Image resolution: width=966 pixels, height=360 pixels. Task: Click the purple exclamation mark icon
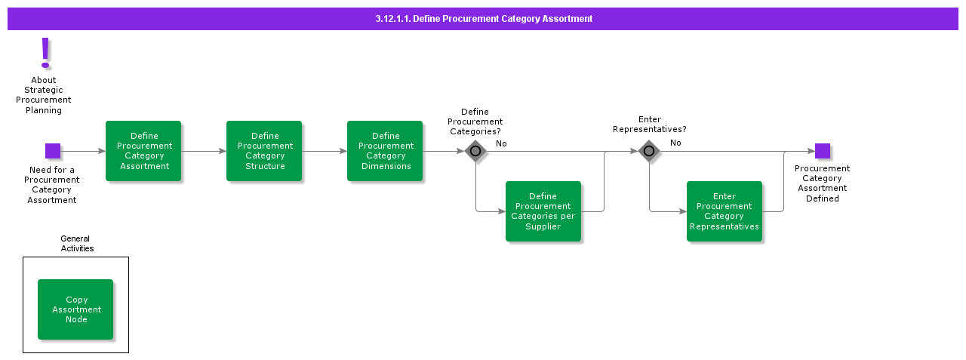click(45, 53)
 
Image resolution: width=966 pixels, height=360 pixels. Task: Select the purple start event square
click(53, 151)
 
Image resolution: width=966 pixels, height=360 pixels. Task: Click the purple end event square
click(823, 151)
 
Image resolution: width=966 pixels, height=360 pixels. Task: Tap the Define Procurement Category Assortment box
click(143, 151)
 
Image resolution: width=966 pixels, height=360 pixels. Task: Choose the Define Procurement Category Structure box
click(264, 151)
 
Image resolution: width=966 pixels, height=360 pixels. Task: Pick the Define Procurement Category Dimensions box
click(385, 151)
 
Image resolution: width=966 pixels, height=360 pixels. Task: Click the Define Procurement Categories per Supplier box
click(543, 211)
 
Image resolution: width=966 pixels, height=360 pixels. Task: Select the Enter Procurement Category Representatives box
click(724, 211)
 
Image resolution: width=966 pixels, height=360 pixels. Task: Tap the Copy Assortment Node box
click(75, 309)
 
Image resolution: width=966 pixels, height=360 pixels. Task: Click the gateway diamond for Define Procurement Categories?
click(475, 151)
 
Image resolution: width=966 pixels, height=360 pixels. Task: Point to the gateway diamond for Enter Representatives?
click(649, 151)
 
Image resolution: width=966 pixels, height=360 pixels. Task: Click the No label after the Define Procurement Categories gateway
click(501, 143)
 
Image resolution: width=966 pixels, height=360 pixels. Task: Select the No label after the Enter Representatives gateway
click(675, 143)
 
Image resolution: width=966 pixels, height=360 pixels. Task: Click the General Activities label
click(77, 243)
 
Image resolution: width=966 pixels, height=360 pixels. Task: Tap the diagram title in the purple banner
click(484, 19)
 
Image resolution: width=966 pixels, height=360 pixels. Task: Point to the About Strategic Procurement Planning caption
click(44, 95)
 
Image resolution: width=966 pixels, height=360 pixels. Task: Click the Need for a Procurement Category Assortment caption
click(52, 185)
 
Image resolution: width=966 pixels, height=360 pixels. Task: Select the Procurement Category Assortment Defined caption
click(822, 183)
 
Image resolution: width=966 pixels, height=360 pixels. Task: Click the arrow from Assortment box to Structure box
click(204, 151)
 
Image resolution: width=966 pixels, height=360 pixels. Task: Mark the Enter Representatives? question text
click(649, 125)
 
